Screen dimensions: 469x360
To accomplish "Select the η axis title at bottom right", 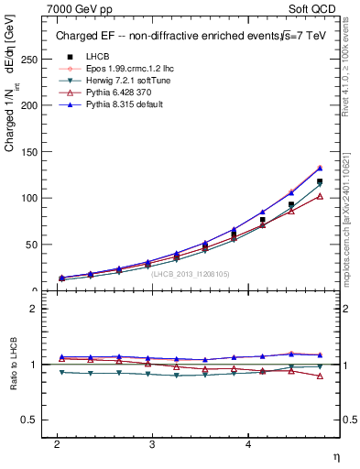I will click(338, 455).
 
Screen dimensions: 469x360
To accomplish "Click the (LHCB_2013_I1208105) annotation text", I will click(190, 273).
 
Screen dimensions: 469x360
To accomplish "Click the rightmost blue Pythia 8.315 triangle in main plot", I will click(320, 168).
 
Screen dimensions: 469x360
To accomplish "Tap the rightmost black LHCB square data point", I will click(320, 181).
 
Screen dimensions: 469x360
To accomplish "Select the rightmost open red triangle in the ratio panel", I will click(320, 376).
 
